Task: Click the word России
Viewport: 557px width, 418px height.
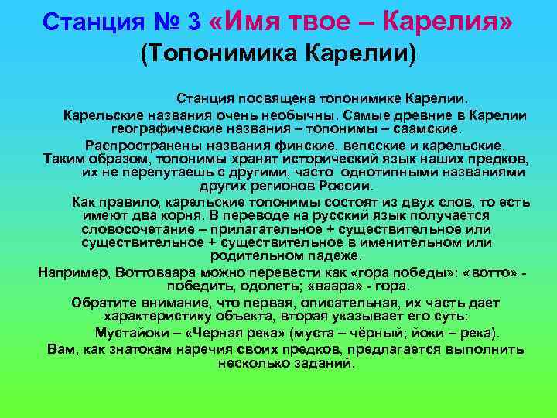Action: pos(347,187)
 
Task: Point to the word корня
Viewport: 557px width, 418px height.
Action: pos(184,215)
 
